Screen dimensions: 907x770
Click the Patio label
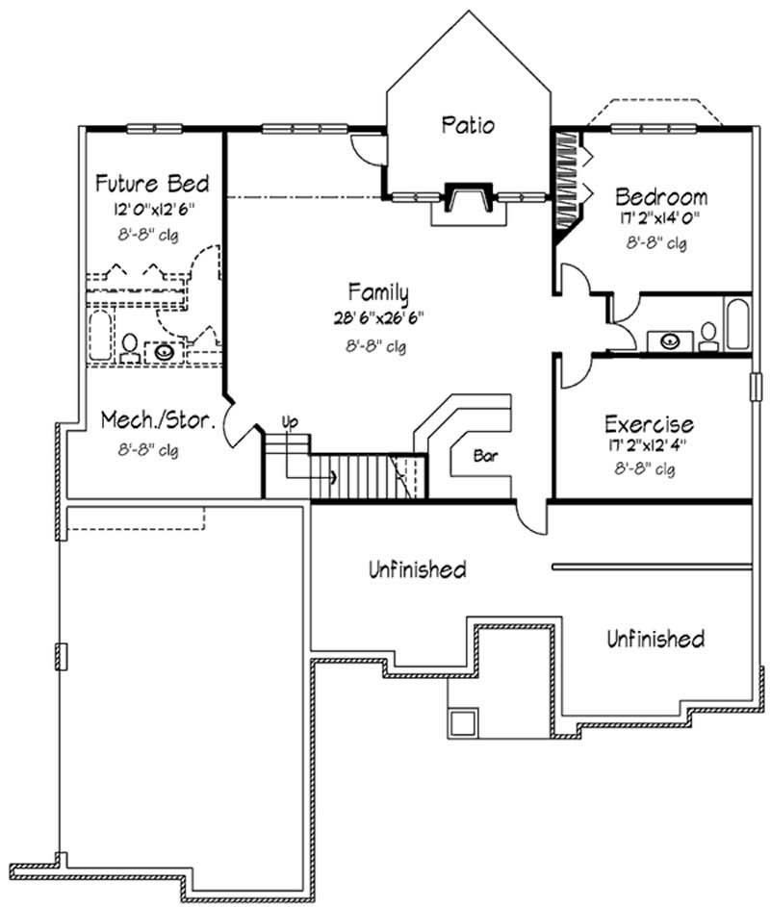point(469,125)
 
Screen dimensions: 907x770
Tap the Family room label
point(378,292)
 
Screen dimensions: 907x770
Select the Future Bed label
point(152,184)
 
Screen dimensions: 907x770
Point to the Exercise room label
point(648,424)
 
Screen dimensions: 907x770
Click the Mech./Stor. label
point(151,420)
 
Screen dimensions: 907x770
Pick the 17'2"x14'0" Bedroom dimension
point(660,219)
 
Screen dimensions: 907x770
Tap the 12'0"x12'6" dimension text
point(152,208)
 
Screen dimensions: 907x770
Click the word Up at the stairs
point(289,421)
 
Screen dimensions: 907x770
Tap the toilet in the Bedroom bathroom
point(708,335)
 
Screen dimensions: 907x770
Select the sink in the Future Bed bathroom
point(166,351)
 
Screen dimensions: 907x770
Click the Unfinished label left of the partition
point(417,569)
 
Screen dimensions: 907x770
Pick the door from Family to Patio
point(366,149)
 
